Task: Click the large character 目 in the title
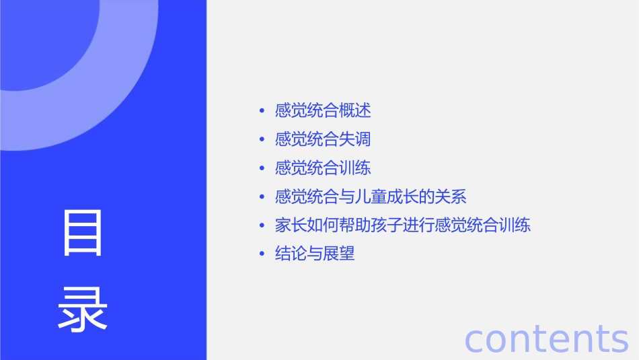pos(83,233)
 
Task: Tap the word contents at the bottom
pos(546,338)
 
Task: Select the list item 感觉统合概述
pos(323,110)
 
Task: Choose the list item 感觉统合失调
pos(323,139)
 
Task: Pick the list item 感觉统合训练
pos(323,168)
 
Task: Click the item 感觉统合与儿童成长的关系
pos(371,196)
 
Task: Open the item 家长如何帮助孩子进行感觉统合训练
pos(403,225)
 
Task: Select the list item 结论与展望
pos(315,254)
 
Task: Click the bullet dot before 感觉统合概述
pos(262,110)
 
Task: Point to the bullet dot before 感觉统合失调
pos(262,139)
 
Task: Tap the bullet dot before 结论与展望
pos(262,254)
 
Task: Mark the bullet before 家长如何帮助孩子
pos(262,225)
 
